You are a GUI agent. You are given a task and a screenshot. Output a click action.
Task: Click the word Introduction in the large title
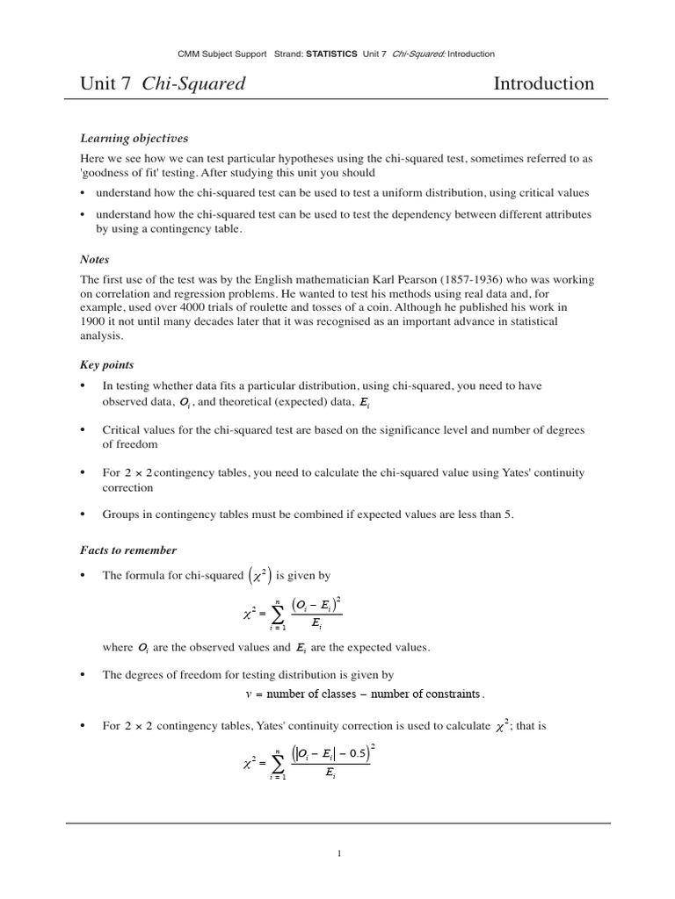click(543, 84)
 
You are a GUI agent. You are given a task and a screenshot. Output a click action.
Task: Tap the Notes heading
click(94, 259)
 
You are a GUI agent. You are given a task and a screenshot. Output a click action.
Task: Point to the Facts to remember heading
click(128, 550)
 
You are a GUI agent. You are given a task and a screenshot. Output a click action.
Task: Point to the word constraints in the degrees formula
click(446, 694)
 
